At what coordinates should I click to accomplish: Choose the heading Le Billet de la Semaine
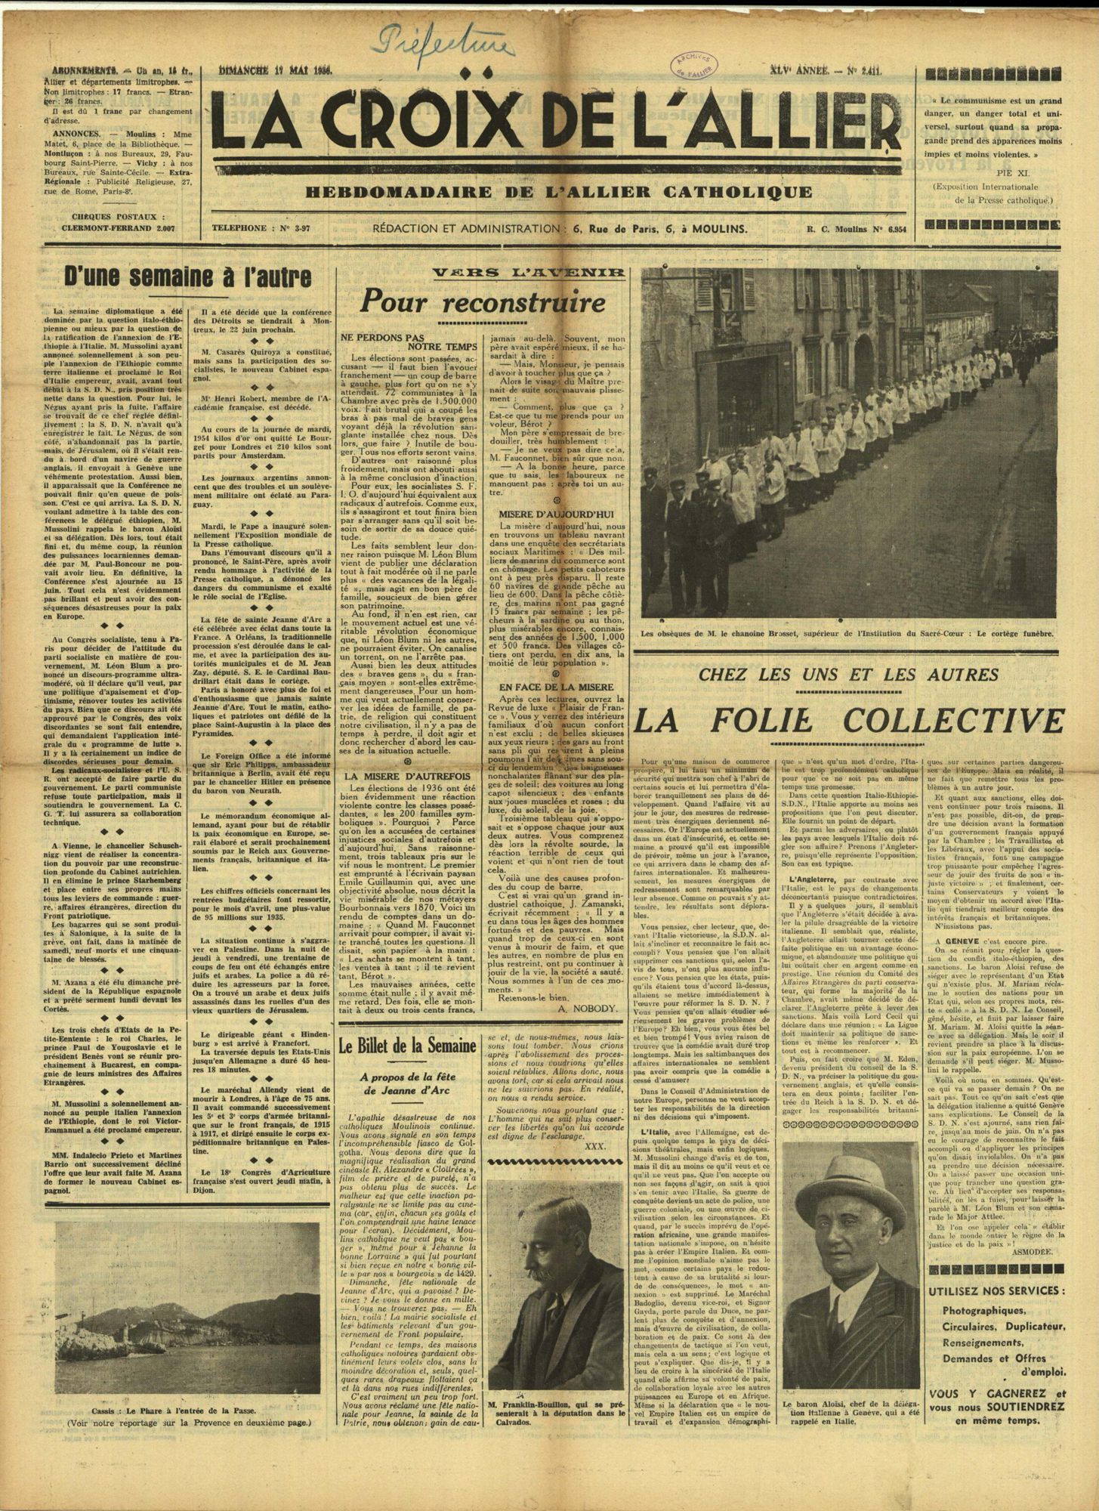[407, 1046]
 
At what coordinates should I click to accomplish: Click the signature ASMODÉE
[1039, 1272]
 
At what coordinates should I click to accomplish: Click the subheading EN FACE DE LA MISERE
[558, 686]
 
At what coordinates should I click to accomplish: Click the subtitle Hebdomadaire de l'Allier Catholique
[559, 193]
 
